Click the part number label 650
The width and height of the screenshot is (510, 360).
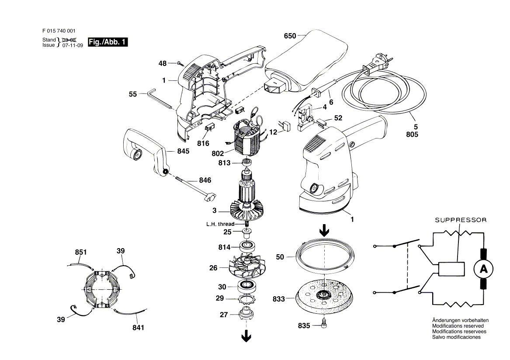(x=290, y=36)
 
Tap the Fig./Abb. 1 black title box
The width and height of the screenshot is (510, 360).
(x=108, y=42)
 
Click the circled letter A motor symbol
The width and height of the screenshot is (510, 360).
(x=483, y=269)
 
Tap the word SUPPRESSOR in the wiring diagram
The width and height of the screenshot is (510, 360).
(x=461, y=220)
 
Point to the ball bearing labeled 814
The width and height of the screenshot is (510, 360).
(x=247, y=246)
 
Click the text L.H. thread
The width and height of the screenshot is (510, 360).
(x=220, y=224)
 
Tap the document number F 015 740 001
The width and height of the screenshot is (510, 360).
(x=59, y=31)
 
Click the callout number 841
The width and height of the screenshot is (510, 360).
(x=138, y=328)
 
